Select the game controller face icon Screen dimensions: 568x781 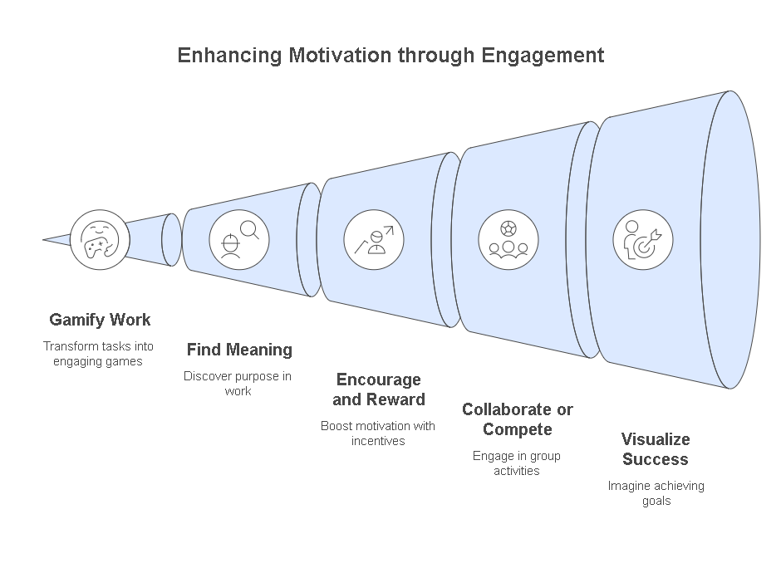(100, 239)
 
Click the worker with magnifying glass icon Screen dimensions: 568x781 (238, 239)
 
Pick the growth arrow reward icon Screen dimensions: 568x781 (374, 239)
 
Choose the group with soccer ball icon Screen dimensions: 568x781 (508, 239)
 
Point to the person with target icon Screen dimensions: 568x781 (642, 239)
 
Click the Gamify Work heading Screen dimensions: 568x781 (100, 320)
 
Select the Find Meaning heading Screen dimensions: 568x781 (238, 350)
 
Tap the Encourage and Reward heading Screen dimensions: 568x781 (378, 389)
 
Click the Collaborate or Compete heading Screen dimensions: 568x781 (517, 419)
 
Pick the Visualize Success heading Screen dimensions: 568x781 (656, 449)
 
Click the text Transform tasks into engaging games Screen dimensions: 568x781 (99, 354)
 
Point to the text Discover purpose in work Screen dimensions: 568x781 (238, 384)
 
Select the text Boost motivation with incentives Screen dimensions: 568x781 (377, 433)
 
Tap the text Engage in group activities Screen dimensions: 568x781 (517, 463)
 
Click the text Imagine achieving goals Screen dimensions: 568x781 (656, 493)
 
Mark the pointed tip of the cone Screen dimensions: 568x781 (45, 240)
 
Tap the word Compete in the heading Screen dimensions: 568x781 (517, 429)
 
